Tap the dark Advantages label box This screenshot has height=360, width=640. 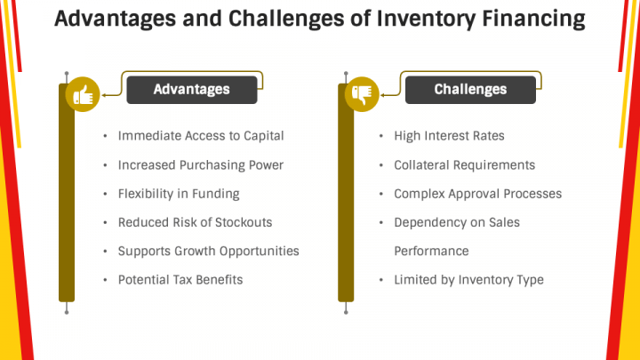(x=191, y=90)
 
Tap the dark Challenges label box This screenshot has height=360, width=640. (x=470, y=90)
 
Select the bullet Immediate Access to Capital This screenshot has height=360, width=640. (x=200, y=136)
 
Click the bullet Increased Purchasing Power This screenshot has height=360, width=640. (x=200, y=165)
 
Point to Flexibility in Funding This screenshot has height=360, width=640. (x=178, y=194)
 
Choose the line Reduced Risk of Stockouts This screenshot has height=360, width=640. (x=195, y=222)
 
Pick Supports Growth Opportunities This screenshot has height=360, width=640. (x=208, y=251)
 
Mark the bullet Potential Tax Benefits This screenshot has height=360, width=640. (x=180, y=279)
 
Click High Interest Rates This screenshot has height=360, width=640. (x=449, y=136)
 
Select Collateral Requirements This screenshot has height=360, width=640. (x=464, y=165)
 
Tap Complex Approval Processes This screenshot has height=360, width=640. (x=477, y=194)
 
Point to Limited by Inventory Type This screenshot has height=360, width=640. (x=468, y=279)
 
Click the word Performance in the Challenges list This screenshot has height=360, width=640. (x=431, y=251)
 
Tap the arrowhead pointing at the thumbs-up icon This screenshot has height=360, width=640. (x=104, y=92)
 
